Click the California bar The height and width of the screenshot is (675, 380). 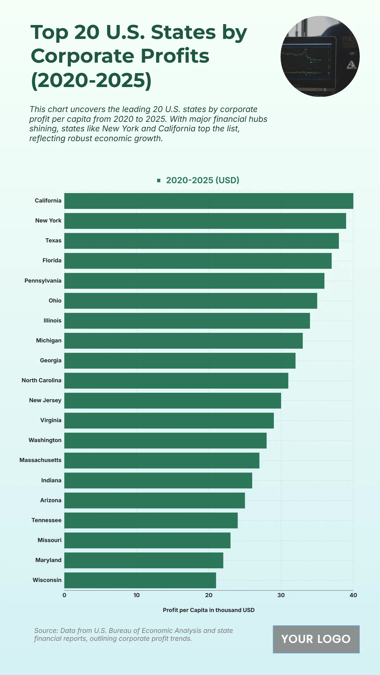click(209, 201)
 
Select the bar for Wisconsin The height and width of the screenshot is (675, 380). click(140, 580)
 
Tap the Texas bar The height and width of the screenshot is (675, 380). click(201, 241)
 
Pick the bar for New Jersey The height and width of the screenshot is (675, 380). click(173, 401)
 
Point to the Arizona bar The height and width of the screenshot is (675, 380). click(155, 500)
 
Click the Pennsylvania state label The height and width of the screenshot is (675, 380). click(43, 281)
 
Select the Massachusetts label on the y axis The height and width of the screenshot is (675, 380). click(41, 460)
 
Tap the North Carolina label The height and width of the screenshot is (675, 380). click(41, 380)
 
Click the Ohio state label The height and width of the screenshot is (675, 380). click(55, 301)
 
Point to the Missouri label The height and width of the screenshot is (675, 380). click(49, 540)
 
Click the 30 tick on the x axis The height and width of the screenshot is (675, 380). click(281, 595)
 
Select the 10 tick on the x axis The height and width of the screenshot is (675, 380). click(136, 595)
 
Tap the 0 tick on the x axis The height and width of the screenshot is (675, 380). click(64, 595)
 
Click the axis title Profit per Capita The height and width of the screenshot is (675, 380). click(209, 610)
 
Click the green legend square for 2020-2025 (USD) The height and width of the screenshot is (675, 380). click(159, 180)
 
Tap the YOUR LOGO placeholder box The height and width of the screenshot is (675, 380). click(316, 639)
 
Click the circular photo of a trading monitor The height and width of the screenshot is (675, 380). click(320, 56)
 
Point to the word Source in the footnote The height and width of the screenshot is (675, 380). click(46, 631)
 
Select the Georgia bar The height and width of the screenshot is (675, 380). click(180, 361)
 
